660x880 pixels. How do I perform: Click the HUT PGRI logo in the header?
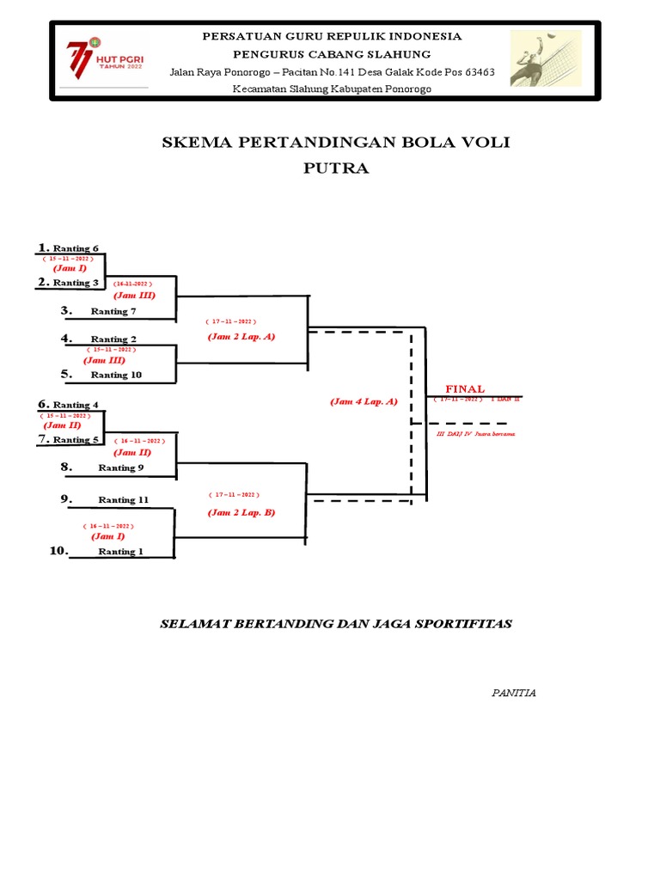pos(102,60)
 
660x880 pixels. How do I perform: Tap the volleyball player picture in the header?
pos(545,58)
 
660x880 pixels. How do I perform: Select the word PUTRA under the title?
pos(336,168)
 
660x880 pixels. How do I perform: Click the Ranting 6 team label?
pos(76,248)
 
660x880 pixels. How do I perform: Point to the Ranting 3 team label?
pos(76,283)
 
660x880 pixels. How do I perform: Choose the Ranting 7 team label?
pos(113,311)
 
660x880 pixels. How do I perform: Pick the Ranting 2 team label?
pos(113,339)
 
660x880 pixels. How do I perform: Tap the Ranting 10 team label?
pos(116,375)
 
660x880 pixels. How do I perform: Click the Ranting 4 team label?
pos(76,405)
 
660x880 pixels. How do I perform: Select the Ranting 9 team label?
pos(121,468)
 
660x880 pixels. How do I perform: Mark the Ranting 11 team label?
pos(123,499)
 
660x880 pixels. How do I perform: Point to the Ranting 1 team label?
pos(119,552)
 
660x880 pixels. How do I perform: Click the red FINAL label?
pos(464,389)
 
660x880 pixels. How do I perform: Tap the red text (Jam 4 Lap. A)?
pos(364,401)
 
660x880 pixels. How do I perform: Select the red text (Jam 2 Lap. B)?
pos(241,512)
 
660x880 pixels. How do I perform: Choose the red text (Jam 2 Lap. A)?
pos(241,337)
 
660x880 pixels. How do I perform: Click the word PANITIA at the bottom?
pos(514,693)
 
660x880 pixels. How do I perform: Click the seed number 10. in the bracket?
pos(58,551)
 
